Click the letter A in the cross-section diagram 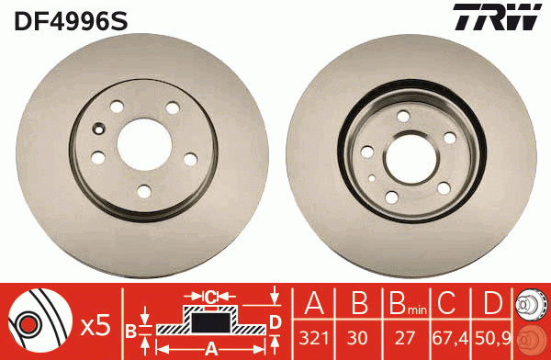[x=210, y=347]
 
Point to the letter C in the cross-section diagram [x=210, y=297]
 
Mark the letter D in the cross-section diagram [x=274, y=321]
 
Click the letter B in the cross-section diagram [x=130, y=330]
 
